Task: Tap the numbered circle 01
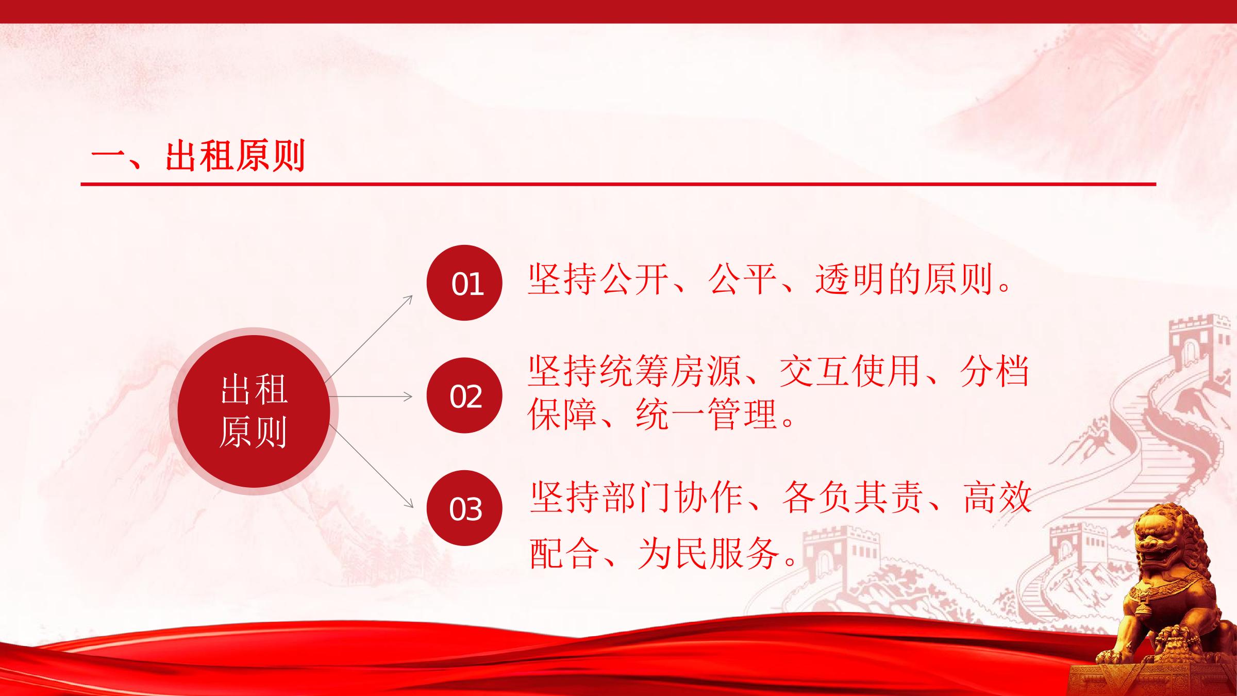[464, 283]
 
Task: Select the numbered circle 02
[464, 395]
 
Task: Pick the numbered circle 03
[464, 508]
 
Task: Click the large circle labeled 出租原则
[254, 411]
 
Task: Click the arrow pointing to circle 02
[371, 396]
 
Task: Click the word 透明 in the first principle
[850, 279]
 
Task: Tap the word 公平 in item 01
[742, 279]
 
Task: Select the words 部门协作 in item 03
[672, 498]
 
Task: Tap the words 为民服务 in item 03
[708, 553]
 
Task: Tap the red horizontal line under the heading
[618, 184]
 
